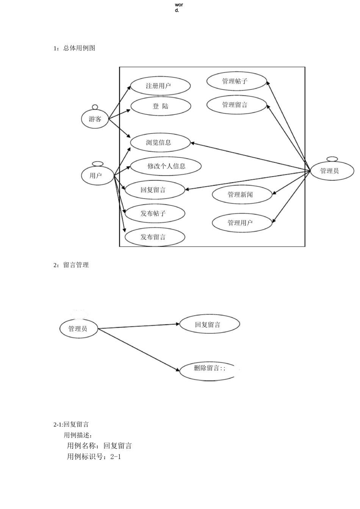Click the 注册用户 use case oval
coord(160,86)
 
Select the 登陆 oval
coord(160,106)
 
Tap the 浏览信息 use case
coord(160,143)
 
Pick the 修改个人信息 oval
coord(166,166)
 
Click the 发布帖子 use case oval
coord(155,214)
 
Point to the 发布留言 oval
coord(155,237)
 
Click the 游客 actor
coord(95,119)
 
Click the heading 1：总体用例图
coord(74,48)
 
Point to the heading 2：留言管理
coord(71,265)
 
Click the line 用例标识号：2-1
coord(94,457)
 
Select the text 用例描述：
coord(78,435)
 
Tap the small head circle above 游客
coord(95,107)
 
